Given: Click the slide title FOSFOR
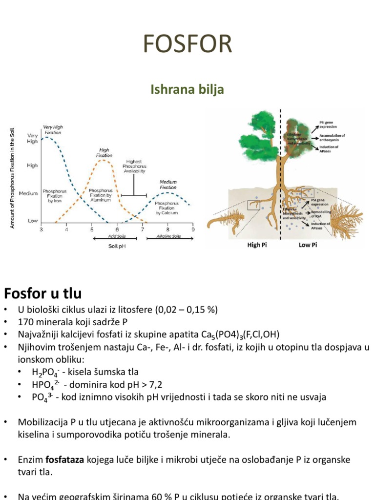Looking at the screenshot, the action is coord(187,44).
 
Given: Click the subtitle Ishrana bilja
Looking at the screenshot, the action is coord(187,89).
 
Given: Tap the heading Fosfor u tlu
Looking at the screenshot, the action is coord(42,293).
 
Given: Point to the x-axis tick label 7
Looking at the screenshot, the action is coord(142,229).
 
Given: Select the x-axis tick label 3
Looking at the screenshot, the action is coord(41,229).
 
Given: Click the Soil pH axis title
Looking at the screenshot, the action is coord(117,246).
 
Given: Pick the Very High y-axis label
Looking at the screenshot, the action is coord(32,138).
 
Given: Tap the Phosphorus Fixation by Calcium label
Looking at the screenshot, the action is coord(167,208).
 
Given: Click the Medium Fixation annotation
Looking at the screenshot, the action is coord(168,185).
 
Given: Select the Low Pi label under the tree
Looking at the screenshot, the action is coord(308,245).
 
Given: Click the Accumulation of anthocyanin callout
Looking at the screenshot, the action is coord(332,138).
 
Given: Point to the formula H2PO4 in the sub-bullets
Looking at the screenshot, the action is coord(46,373).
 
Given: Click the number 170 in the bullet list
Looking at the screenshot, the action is coord(25,322).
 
